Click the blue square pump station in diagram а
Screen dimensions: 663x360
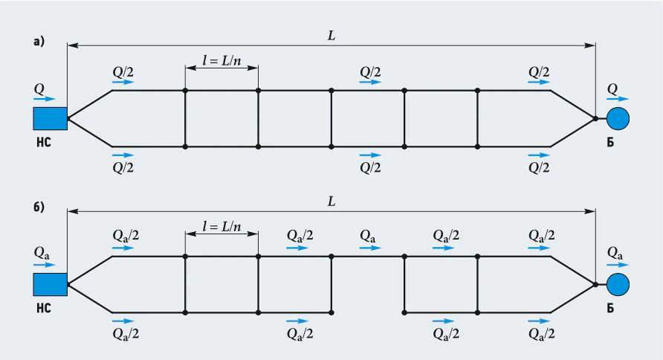pyautogui.click(x=51, y=118)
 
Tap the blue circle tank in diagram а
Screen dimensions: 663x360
pyautogui.click(x=618, y=118)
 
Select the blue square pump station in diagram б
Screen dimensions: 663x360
pyautogui.click(x=51, y=284)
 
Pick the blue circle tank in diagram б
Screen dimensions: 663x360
pyautogui.click(x=618, y=284)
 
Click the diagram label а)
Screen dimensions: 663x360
pyautogui.click(x=39, y=42)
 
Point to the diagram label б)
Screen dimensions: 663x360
pyautogui.click(x=39, y=208)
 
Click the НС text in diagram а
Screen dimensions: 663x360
pyautogui.click(x=44, y=143)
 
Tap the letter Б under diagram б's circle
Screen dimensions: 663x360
pyautogui.click(x=610, y=309)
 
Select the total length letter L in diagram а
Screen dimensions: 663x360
pyautogui.click(x=331, y=36)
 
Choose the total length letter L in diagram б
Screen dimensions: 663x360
pyautogui.click(x=331, y=202)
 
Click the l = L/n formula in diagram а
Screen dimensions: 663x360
pyautogui.click(x=221, y=60)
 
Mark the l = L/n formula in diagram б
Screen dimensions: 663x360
pyautogui.click(x=221, y=226)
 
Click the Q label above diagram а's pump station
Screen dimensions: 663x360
pyautogui.click(x=39, y=89)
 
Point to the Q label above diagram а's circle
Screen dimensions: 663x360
pyautogui.click(x=612, y=89)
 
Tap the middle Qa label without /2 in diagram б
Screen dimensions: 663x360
pyautogui.click(x=367, y=237)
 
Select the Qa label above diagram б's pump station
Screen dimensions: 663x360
pyautogui.click(x=42, y=254)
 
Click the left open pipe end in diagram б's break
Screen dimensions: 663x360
pyautogui.click(x=331, y=312)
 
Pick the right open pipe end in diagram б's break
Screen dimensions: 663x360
pyautogui.click(x=404, y=312)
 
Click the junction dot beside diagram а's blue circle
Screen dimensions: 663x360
pyautogui.click(x=595, y=118)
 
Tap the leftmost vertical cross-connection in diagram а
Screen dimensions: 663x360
pyautogui.click(x=185, y=118)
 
